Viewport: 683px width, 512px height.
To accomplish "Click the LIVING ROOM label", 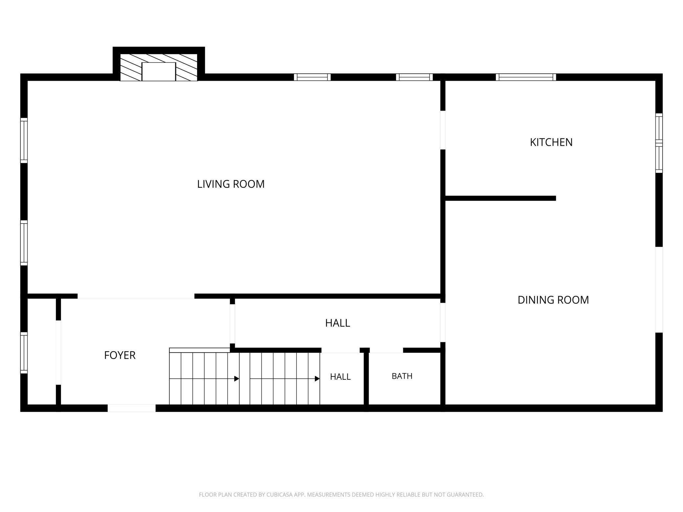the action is [231, 184].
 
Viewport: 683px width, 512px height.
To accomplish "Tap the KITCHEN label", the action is [551, 142].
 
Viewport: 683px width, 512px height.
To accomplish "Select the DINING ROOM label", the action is [553, 300].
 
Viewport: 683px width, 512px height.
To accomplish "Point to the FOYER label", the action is [120, 355].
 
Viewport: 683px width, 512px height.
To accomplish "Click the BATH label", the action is [402, 376].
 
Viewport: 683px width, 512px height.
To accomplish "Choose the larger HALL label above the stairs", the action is [338, 323].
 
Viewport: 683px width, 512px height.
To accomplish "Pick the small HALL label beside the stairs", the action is [340, 376].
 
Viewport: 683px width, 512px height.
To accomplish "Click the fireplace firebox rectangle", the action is [159, 71].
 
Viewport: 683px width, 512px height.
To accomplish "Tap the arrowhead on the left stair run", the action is [236, 379].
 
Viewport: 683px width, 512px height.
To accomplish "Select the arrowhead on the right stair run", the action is [317, 379].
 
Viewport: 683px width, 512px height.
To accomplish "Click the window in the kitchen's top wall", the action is [526, 77].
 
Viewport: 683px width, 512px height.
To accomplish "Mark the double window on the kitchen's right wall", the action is [659, 143].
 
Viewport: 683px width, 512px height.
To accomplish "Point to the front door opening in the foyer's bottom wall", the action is [131, 408].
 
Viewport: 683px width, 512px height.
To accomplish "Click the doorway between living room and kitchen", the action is [443, 130].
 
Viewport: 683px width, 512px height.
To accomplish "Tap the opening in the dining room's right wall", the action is [659, 289].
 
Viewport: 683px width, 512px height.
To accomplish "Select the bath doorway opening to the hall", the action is [386, 350].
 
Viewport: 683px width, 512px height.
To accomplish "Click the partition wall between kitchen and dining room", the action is [500, 198].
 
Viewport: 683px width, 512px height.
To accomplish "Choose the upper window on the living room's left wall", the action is [24, 140].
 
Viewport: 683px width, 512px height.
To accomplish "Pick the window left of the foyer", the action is [24, 353].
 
